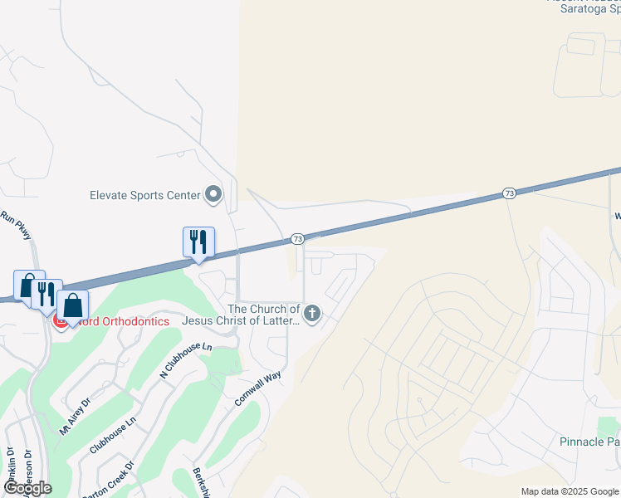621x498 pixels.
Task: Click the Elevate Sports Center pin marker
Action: coord(213,195)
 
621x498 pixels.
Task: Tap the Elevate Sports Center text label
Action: coord(145,196)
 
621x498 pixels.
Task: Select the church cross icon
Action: coord(312,313)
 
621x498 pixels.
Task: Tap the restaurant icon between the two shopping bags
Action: coord(46,293)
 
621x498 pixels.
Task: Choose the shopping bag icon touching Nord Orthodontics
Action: coord(72,305)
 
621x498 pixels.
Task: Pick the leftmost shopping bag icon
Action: coord(28,285)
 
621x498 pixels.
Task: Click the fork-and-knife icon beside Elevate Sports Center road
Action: coord(198,242)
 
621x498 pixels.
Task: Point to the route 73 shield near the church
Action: coord(297,239)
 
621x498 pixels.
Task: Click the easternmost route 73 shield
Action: coord(509,193)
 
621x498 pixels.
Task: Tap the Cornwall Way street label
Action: coord(257,388)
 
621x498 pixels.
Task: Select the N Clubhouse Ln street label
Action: coord(186,362)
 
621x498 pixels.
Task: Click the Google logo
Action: coord(27,488)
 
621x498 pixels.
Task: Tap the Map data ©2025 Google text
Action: coord(570,491)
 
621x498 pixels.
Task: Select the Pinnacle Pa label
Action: coord(589,442)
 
